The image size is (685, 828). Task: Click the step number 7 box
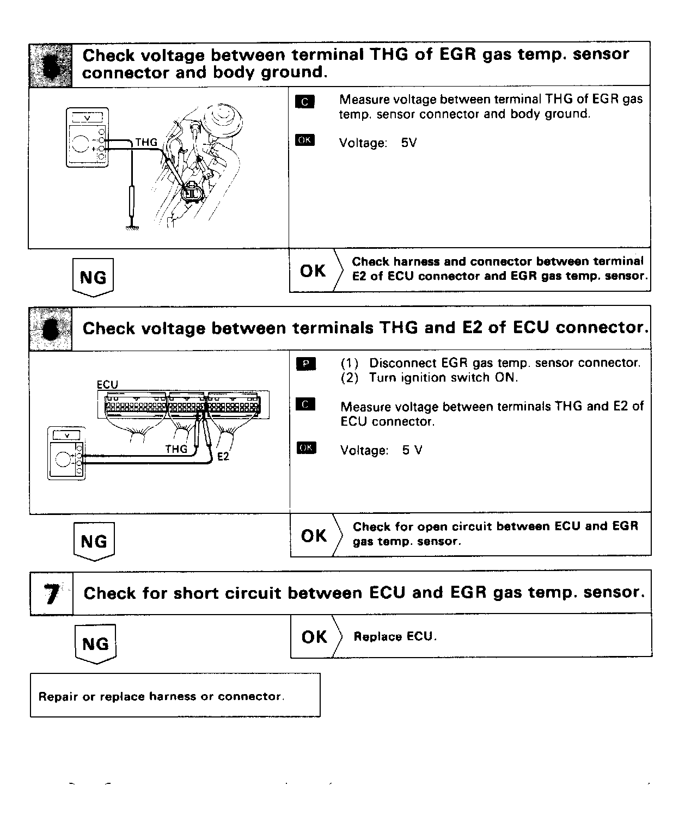point(51,593)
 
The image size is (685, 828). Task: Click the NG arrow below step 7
point(95,644)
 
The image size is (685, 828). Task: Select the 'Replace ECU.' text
point(395,636)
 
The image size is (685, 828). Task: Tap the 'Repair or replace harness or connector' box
point(175,695)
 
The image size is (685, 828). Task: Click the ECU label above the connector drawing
point(107,384)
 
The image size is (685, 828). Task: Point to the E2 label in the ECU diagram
point(223,456)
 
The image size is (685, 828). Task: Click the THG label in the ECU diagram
point(176,449)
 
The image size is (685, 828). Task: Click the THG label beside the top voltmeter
point(146,143)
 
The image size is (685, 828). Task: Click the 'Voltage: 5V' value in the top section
point(378,143)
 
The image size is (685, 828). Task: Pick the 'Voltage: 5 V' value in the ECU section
point(381,450)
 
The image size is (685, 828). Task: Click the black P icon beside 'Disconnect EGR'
point(305,363)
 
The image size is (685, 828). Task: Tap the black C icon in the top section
point(305,101)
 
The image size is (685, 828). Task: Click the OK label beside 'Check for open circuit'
point(314,536)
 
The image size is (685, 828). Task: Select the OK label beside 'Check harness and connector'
point(313,271)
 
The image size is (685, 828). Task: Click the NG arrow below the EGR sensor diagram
point(93,278)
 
